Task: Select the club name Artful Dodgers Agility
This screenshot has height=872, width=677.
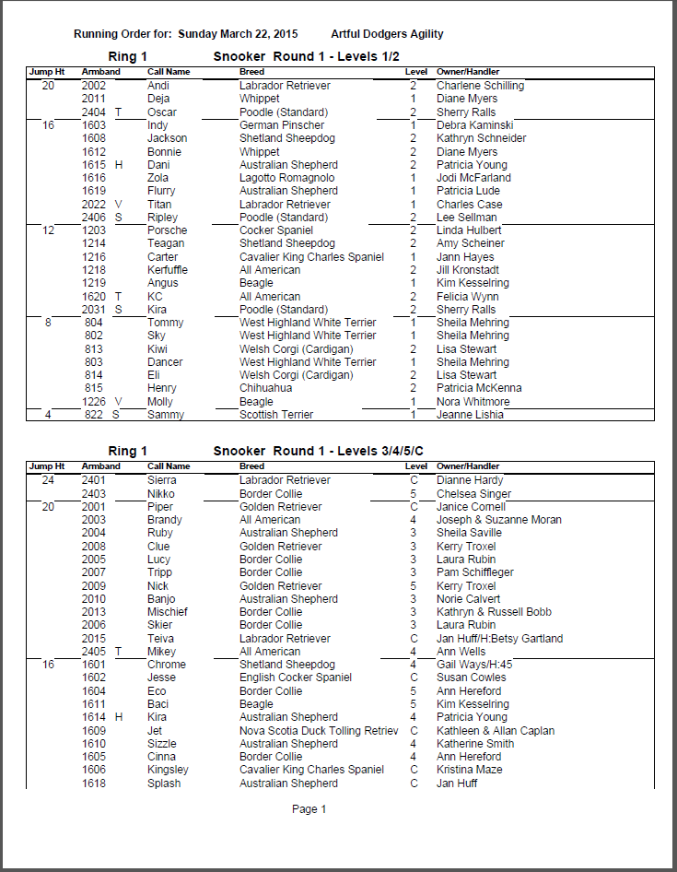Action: pyautogui.click(x=387, y=34)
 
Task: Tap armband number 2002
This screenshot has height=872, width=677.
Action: pyautogui.click(x=94, y=86)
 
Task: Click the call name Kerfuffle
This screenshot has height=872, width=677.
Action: pyautogui.click(x=167, y=270)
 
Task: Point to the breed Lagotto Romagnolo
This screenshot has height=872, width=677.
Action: pyautogui.click(x=286, y=178)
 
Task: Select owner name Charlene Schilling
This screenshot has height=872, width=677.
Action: pyautogui.click(x=480, y=86)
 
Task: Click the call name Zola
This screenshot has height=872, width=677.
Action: pyautogui.click(x=158, y=178)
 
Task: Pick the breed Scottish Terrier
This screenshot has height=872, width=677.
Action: pyautogui.click(x=276, y=415)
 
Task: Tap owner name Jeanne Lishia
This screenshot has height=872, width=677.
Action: pyautogui.click(x=471, y=415)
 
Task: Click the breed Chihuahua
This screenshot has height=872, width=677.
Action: pyautogui.click(x=265, y=388)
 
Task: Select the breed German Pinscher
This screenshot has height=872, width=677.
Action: pyautogui.click(x=282, y=125)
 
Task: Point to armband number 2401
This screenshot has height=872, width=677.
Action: pyautogui.click(x=94, y=480)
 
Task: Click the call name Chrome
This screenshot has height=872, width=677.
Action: pyautogui.click(x=166, y=665)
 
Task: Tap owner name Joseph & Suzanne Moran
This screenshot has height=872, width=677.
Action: pyautogui.click(x=498, y=520)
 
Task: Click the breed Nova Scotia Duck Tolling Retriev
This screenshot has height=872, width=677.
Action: pyautogui.click(x=319, y=731)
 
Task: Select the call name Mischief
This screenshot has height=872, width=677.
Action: pyautogui.click(x=167, y=612)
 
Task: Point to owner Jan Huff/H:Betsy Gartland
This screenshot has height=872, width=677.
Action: pyautogui.click(x=499, y=639)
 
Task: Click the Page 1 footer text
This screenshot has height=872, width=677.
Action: pyautogui.click(x=309, y=809)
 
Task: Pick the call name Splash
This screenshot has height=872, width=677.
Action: pyautogui.click(x=164, y=784)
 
